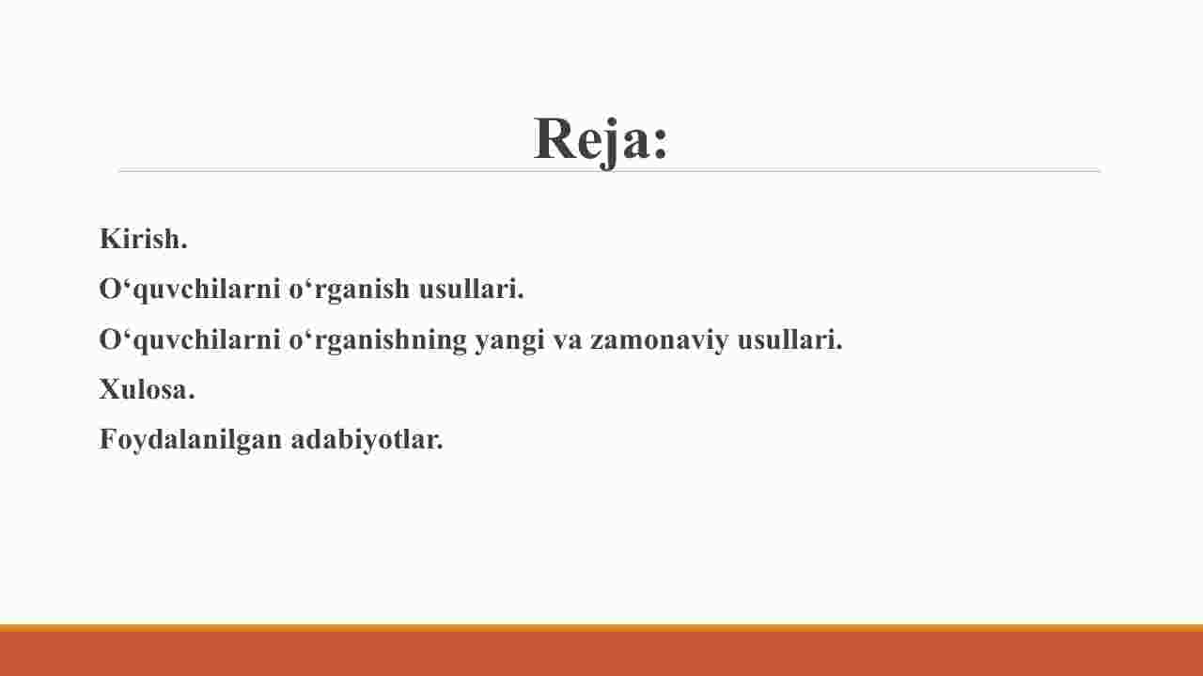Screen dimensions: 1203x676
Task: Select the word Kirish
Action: point(144,238)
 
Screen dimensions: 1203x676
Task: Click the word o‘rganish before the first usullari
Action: point(350,290)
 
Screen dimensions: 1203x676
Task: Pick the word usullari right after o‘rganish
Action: point(472,288)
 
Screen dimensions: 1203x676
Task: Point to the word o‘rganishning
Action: point(378,340)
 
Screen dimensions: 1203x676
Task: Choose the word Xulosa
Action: point(147,388)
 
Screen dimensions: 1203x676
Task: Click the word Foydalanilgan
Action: point(191,440)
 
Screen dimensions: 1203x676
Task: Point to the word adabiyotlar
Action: point(367,440)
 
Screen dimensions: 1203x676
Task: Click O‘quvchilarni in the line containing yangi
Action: point(190,340)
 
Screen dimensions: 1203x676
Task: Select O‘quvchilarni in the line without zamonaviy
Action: point(190,290)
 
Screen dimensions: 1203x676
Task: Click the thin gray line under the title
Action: point(609,170)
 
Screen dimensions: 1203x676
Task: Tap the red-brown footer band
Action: point(601,653)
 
